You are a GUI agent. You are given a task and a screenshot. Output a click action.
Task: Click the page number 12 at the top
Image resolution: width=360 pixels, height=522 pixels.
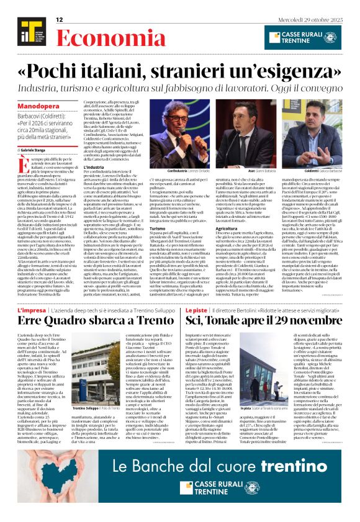[x=60, y=20]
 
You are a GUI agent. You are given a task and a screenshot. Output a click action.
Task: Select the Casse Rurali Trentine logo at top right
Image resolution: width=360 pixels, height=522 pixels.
[x=302, y=37]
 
